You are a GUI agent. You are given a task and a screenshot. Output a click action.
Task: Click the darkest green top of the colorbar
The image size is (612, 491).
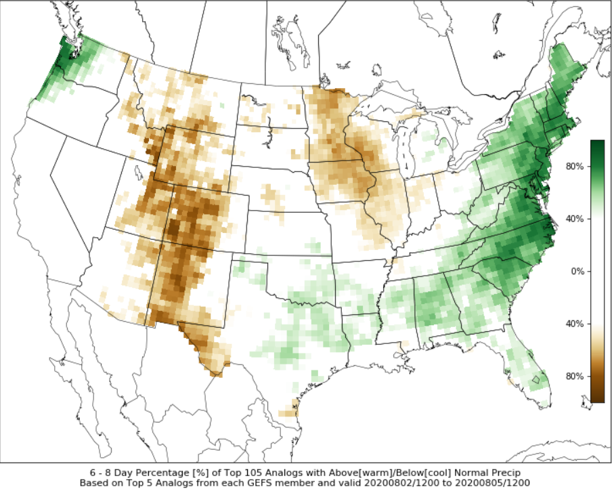[597, 144]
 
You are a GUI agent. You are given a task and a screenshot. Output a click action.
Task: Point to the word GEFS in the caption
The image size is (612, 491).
[280, 483]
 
